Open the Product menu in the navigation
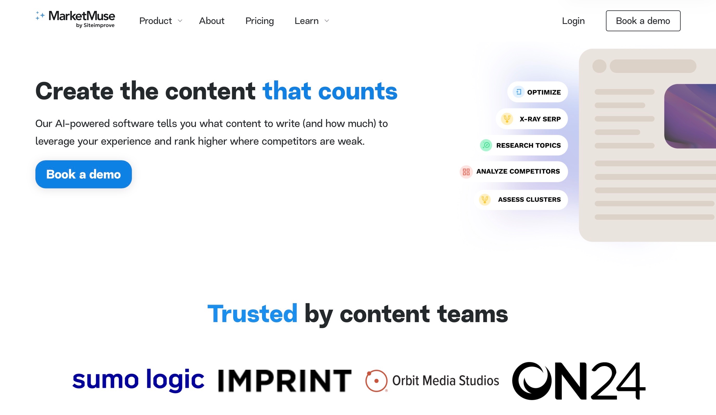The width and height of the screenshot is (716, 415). (x=160, y=21)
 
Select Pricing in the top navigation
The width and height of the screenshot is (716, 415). (x=259, y=21)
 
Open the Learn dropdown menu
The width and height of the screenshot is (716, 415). (x=311, y=21)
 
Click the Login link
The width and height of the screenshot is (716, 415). (x=573, y=21)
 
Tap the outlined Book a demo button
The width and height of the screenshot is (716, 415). (x=643, y=21)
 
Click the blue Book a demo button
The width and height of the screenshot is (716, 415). (x=83, y=174)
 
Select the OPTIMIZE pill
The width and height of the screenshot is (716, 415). (x=537, y=92)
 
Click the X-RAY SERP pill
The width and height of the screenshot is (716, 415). (x=532, y=119)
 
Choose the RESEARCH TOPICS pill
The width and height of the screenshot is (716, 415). (x=523, y=145)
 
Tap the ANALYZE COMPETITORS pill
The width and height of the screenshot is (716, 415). (x=514, y=171)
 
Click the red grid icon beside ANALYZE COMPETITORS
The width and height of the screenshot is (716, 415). (x=466, y=172)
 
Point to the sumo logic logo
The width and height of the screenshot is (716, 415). (x=138, y=380)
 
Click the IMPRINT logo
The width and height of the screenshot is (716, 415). (x=285, y=381)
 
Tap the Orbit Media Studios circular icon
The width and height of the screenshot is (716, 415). (x=376, y=381)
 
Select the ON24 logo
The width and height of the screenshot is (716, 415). (x=578, y=381)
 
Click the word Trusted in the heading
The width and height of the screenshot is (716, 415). (x=252, y=314)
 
